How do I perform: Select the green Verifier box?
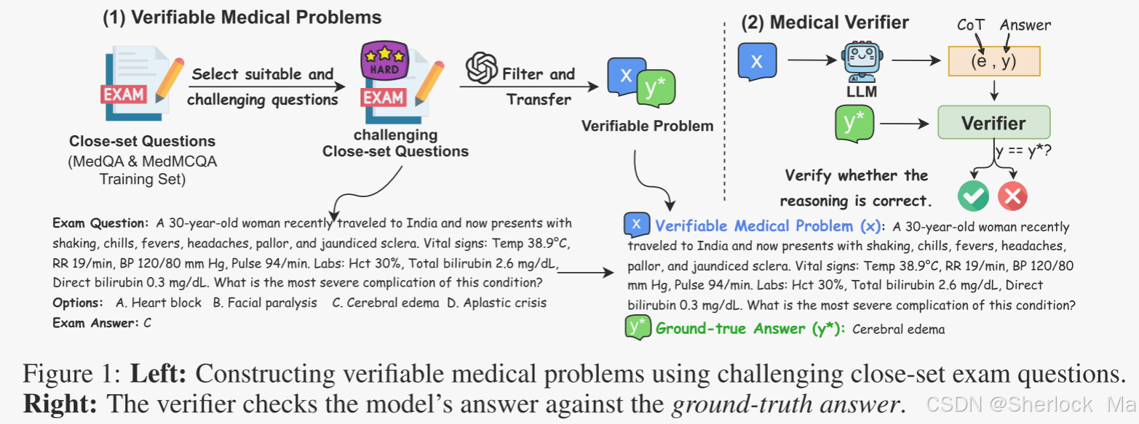[x=993, y=123]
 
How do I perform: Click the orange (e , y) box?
[x=993, y=62]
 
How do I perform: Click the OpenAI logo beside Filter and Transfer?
[x=481, y=69]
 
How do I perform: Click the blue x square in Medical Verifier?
[x=757, y=61]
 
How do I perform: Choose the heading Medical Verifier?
[x=825, y=23]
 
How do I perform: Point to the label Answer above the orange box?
[x=1025, y=25]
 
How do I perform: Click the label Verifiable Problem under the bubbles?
[x=647, y=126]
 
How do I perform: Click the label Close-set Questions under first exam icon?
[x=143, y=140]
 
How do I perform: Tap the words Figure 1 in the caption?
[x=71, y=375]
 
